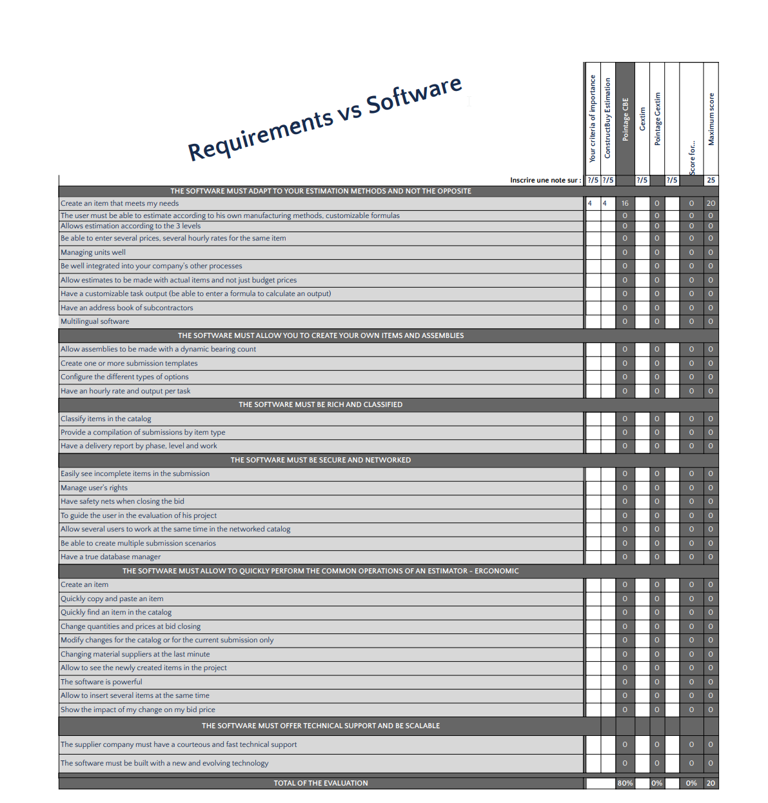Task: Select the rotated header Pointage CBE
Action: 625,119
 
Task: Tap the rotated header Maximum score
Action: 711,119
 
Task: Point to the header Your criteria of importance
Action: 593,119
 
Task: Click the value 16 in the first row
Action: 625,203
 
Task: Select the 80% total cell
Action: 625,783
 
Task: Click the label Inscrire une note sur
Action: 545,181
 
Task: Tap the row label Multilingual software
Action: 95,322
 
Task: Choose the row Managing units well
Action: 93,252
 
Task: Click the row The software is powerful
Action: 101,682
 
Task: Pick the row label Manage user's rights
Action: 94,488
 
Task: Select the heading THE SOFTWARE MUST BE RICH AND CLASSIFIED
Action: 320,404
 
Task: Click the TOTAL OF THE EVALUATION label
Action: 320,783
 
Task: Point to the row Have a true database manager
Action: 110,557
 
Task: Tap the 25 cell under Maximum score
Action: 711,181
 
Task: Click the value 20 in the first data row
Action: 711,203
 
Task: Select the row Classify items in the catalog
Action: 106,419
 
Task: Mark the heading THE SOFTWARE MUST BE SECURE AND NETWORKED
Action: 320,460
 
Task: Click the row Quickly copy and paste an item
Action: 112,599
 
